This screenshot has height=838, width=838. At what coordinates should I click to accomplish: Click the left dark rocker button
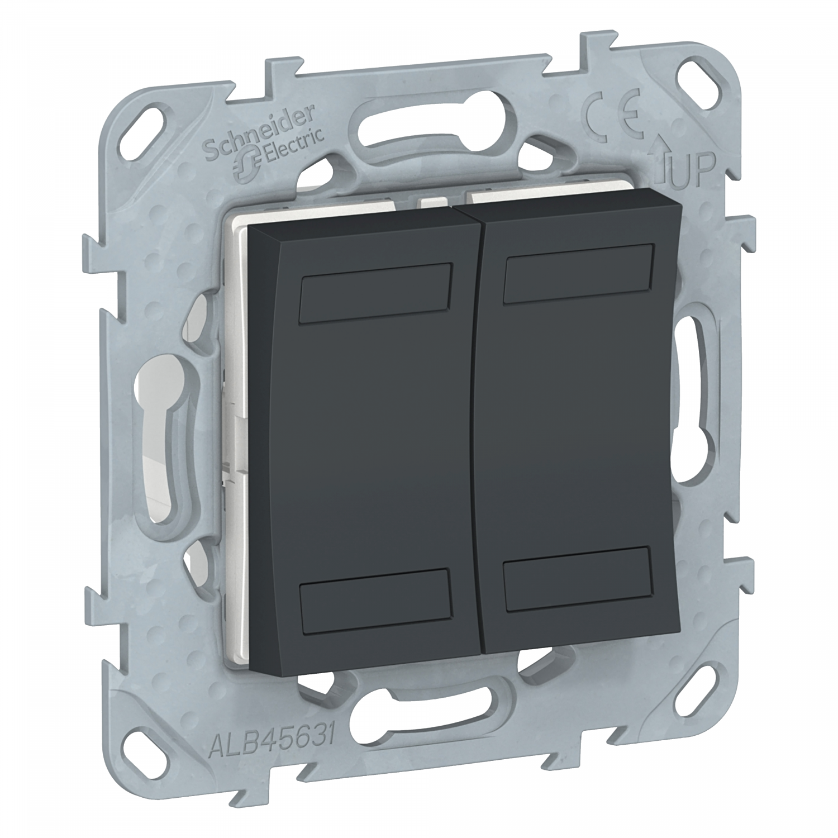(363, 441)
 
